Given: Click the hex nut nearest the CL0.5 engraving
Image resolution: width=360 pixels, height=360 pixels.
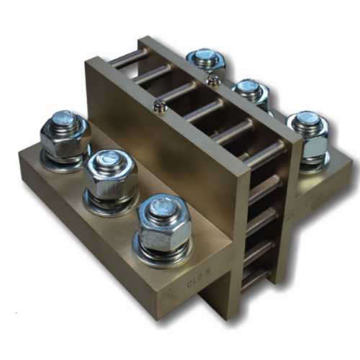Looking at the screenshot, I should pos(164,225).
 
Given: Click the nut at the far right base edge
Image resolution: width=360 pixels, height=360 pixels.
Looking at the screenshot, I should pos(308,137).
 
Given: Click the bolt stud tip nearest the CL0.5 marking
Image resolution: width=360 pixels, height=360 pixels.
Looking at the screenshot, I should pos(162,207).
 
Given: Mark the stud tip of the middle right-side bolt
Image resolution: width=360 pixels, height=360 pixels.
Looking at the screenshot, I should pos(249,86).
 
